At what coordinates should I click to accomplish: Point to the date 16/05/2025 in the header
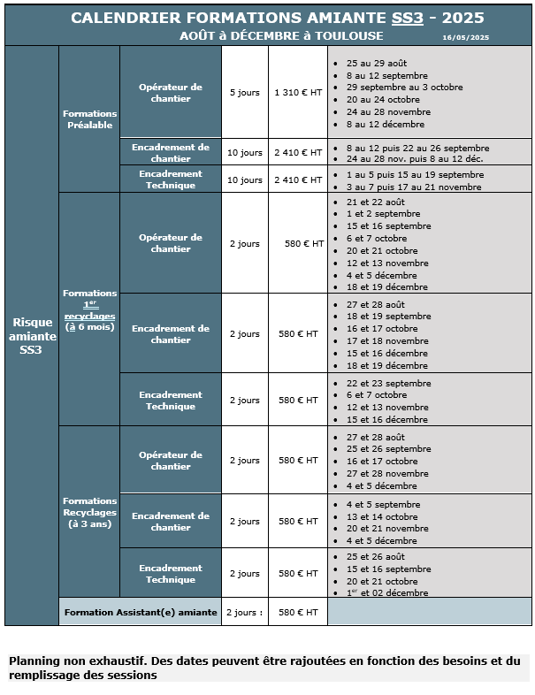(465, 37)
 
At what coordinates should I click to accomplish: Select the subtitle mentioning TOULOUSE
(281, 36)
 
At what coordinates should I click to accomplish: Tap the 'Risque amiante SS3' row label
(32, 336)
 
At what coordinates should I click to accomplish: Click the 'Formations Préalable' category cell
(89, 119)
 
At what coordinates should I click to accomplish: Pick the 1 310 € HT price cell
(298, 93)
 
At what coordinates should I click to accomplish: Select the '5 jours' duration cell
(244, 93)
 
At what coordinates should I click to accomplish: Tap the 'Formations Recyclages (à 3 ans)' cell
(89, 513)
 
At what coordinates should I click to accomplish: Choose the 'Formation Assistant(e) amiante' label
(141, 612)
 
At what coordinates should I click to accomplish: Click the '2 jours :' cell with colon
(244, 612)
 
